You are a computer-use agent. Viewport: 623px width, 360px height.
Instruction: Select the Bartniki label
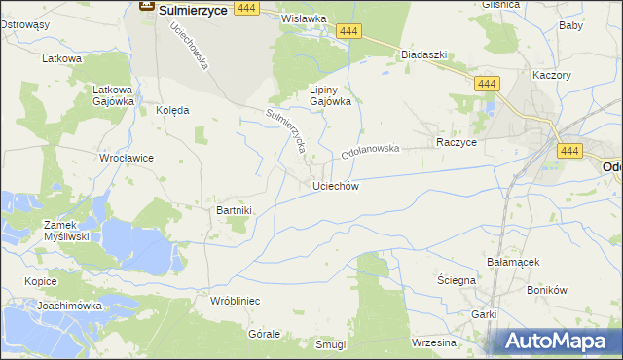tap(234, 209)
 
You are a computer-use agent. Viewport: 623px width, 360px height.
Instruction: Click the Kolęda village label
tap(172, 110)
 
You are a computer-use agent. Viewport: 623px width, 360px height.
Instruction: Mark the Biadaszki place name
tap(423, 54)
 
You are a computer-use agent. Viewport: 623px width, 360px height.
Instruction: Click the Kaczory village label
tap(551, 74)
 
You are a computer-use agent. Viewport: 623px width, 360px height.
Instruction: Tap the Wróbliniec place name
tap(235, 302)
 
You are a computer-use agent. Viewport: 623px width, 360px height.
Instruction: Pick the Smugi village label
tap(331, 345)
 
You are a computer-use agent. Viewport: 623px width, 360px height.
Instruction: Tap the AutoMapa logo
tap(555, 342)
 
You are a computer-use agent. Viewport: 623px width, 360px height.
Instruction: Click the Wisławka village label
tap(303, 18)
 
